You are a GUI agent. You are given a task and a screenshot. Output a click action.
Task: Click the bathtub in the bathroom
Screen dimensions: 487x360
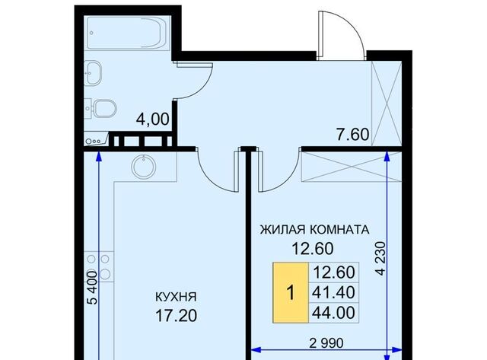point(128,33)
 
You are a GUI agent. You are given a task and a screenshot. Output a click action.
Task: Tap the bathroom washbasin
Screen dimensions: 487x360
point(93,73)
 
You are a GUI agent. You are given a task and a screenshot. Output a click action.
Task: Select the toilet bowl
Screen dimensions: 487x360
point(102,108)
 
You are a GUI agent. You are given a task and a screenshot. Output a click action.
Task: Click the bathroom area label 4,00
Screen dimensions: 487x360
point(153,119)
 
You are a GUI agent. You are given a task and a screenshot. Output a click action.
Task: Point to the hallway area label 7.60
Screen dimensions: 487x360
point(353,135)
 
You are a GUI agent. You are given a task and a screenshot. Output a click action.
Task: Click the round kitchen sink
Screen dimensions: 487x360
point(144,167)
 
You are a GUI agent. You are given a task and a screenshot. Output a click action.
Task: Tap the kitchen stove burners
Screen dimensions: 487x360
point(98,266)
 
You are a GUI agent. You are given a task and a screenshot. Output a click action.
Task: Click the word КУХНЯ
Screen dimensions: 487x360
point(176,297)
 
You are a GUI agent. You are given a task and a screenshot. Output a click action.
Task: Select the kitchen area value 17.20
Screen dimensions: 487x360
point(176,316)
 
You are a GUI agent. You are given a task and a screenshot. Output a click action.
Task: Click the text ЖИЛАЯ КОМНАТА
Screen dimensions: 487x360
point(314,230)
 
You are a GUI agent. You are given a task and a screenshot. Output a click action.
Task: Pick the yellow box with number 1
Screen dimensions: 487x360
point(291,292)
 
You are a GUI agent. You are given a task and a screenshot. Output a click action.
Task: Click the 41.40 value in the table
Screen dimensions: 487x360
point(333,292)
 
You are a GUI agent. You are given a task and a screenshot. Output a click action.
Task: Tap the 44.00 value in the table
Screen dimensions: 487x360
point(333,313)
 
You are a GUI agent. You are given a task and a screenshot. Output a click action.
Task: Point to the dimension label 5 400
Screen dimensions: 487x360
point(93,287)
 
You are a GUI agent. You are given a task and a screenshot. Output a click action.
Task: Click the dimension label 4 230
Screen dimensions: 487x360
point(380,258)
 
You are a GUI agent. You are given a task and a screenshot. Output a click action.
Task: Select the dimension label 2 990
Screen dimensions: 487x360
point(326,343)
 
